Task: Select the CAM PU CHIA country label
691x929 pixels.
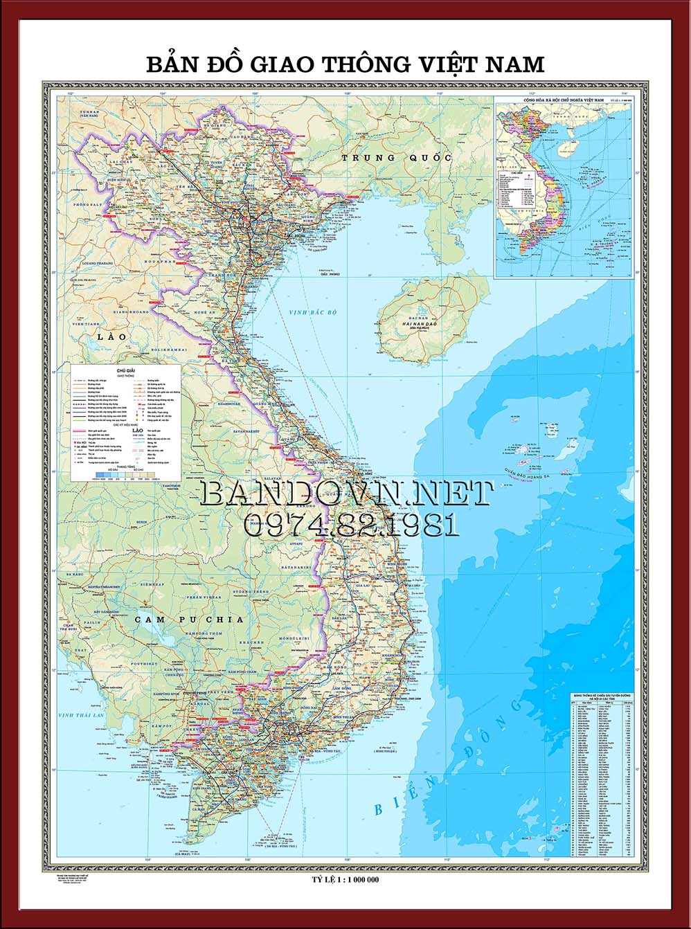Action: [189, 620]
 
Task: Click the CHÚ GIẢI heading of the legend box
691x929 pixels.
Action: [126, 371]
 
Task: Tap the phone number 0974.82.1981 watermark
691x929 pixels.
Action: [351, 525]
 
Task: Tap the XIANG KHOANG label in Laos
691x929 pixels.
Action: [133, 312]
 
